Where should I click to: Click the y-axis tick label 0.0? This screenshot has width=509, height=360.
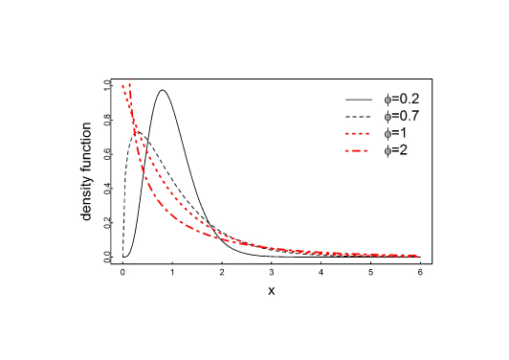pyautogui.click(x=107, y=256)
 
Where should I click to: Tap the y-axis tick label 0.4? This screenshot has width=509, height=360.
pyautogui.click(x=107, y=188)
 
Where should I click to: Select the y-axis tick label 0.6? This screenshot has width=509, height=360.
pyautogui.click(x=107, y=153)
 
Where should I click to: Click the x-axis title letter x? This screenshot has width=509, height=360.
pyautogui.click(x=272, y=290)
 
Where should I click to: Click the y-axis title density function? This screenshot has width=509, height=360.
pyautogui.click(x=87, y=170)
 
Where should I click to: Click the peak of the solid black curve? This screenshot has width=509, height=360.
pyautogui.click(x=164, y=90)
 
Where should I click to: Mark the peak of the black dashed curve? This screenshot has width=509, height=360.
pyautogui.click(x=138, y=132)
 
